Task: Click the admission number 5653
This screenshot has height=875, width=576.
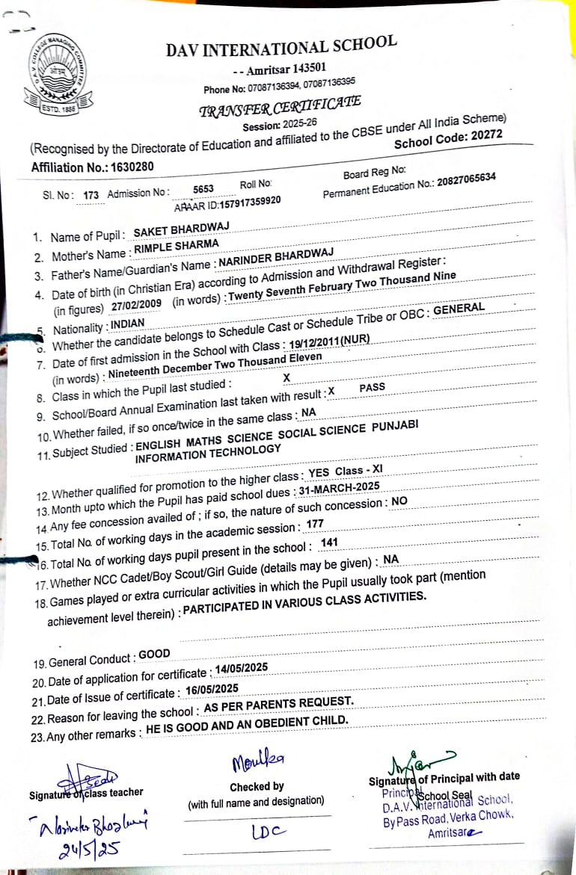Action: point(203,189)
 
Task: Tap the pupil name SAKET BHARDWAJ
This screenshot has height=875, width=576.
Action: point(180,229)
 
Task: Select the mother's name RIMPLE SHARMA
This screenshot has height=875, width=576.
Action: point(176,247)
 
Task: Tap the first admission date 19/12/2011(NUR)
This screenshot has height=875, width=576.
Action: point(328,341)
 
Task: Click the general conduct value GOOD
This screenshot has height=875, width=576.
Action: point(155,655)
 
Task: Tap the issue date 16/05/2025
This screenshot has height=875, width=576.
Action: point(212,688)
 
